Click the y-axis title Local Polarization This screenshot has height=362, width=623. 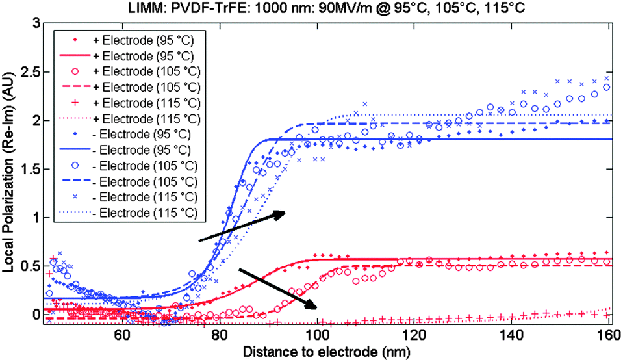pyautogui.click(x=9, y=171)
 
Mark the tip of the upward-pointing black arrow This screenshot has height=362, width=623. pyautogui.click(x=285, y=213)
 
